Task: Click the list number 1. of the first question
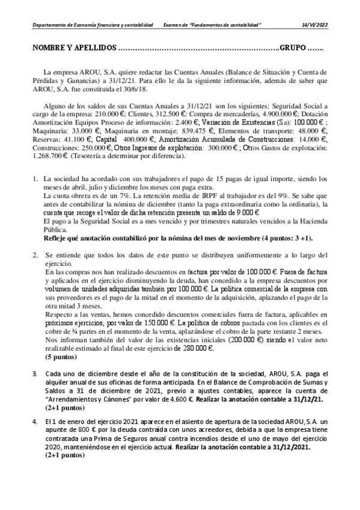tap(35, 179)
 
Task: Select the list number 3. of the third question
tap(35, 373)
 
